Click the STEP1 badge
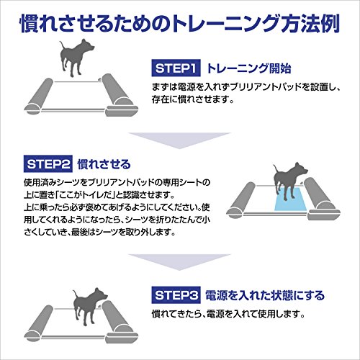pos(175,69)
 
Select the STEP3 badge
pos(175,295)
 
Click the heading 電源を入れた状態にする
pos(264,295)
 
